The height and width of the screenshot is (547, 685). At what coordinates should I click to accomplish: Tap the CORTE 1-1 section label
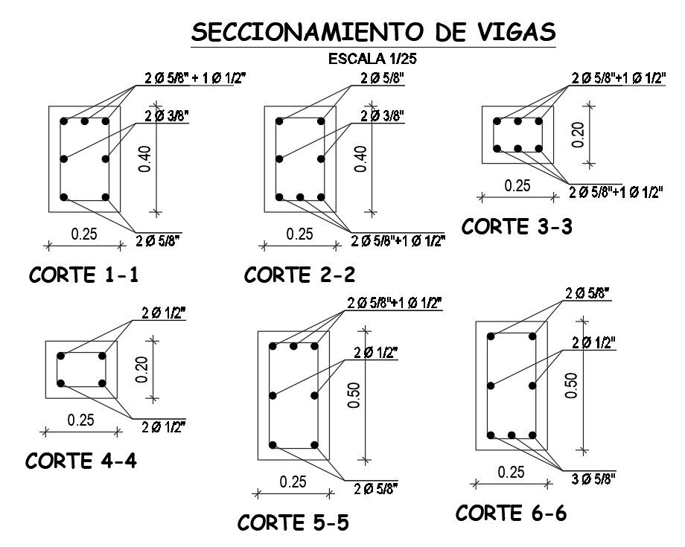(x=83, y=276)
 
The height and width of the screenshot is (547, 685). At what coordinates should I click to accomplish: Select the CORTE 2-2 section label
(x=300, y=275)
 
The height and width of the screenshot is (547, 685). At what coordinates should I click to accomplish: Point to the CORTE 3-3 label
(x=517, y=227)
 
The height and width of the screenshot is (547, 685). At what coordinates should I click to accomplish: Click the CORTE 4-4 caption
(x=81, y=461)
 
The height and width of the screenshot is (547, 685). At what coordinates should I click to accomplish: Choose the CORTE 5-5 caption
(x=293, y=522)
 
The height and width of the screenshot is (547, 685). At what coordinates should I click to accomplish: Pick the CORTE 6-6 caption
(x=511, y=513)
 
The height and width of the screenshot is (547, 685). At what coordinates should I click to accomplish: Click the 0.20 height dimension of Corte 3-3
(x=579, y=134)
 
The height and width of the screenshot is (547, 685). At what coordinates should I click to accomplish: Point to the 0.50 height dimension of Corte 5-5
(x=354, y=395)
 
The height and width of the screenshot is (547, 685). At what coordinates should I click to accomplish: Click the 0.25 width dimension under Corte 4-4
(x=81, y=420)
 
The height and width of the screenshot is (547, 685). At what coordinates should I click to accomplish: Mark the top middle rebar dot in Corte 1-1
(x=85, y=121)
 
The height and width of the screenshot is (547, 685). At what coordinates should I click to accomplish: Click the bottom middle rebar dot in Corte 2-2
(x=300, y=198)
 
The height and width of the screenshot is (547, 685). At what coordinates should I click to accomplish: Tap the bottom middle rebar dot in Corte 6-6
(x=512, y=435)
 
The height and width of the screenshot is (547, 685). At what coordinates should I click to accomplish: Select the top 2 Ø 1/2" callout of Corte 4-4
(x=164, y=313)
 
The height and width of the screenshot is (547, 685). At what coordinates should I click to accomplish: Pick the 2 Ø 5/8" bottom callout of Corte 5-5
(x=377, y=488)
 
